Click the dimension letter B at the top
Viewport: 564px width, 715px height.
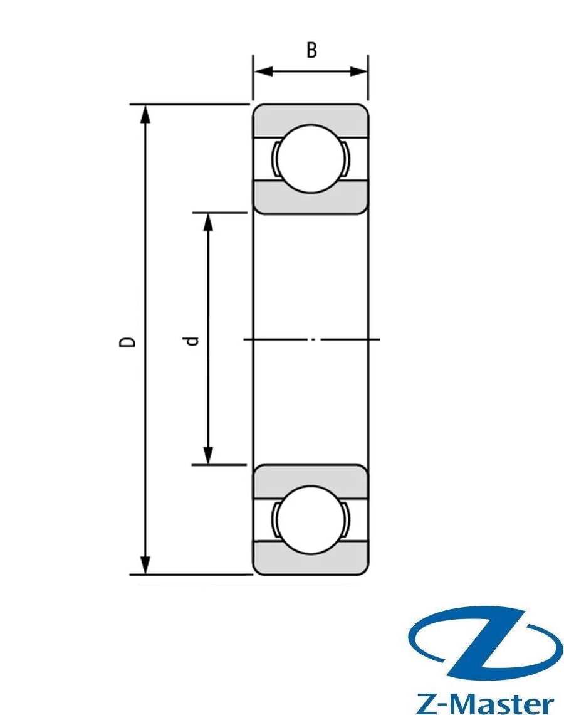pyautogui.click(x=311, y=50)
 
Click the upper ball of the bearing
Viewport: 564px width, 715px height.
pyautogui.click(x=310, y=158)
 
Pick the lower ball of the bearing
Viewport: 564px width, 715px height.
pyautogui.click(x=310, y=519)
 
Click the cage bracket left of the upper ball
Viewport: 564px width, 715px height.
pyautogui.click(x=274, y=159)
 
